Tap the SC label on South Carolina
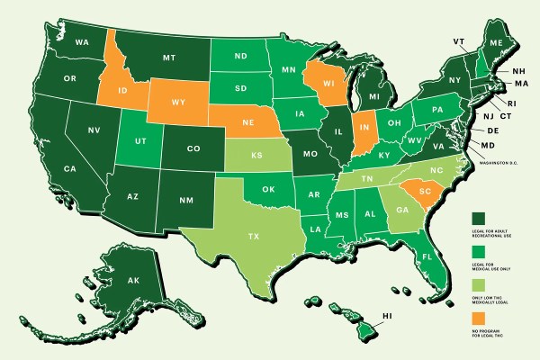[415, 192]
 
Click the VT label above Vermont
[458, 41]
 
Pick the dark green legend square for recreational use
[478, 218]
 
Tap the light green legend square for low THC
[478, 284]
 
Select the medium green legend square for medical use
[478, 251]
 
